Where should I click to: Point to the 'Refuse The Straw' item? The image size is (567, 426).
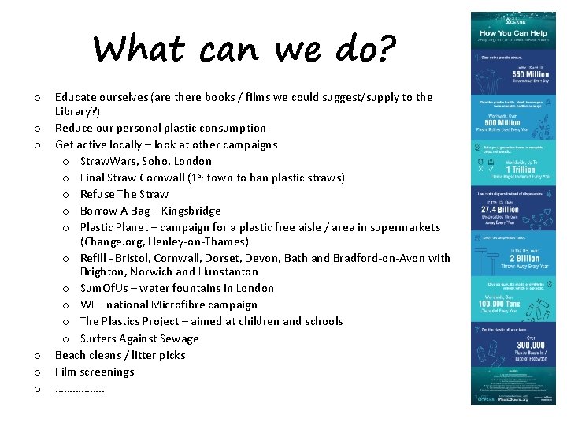tap(124, 194)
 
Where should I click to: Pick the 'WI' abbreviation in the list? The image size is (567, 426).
tap(87, 305)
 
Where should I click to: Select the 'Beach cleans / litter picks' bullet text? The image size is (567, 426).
tap(120, 355)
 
